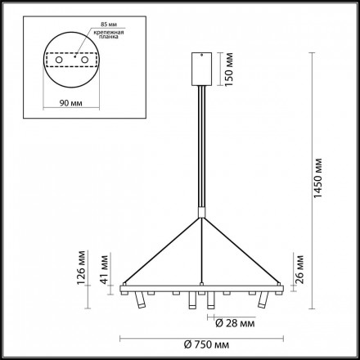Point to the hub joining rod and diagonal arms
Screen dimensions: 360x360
tap(201, 217)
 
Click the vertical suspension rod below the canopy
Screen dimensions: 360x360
tap(201, 147)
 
